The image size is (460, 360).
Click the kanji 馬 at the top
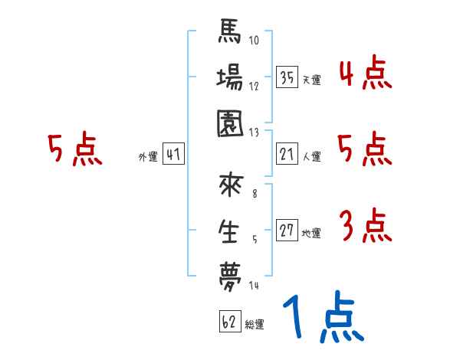point(230,34)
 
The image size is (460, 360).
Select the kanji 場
point(230,78)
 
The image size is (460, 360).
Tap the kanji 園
point(230,123)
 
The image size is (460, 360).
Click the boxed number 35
point(287,77)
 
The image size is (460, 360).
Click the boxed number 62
point(228,322)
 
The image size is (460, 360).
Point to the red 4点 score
point(365,74)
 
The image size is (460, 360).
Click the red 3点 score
point(365,227)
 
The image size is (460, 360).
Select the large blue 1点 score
point(322,319)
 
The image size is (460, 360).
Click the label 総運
point(255,325)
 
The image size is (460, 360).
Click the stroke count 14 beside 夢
point(255,286)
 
